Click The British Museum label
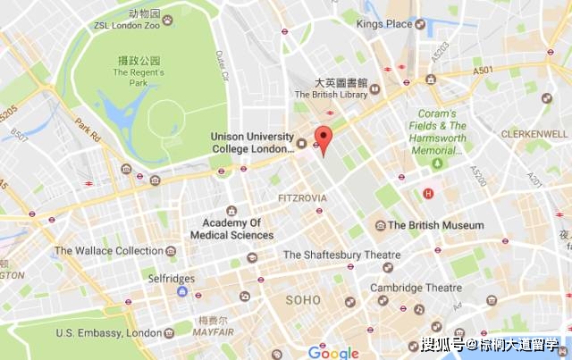(435, 226)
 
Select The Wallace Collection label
(108, 251)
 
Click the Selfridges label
(171, 279)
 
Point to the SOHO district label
(302, 300)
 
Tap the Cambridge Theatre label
(417, 288)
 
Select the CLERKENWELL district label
(532, 132)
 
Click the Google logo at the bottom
(333, 352)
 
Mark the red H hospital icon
(428, 193)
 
